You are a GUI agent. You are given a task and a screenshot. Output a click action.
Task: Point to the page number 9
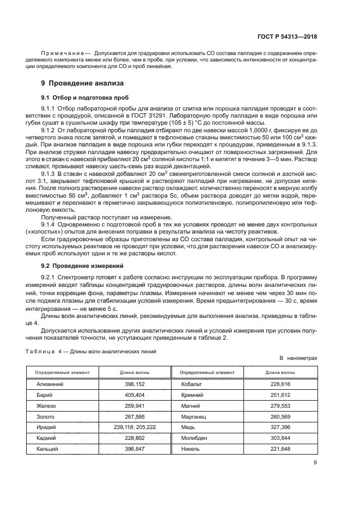pos(315,463)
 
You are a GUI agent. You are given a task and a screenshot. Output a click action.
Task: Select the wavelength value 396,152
pos(135,383)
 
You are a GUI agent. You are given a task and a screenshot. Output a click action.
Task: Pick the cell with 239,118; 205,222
pos(135,427)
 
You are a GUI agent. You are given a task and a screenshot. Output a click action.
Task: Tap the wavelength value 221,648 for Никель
pos(280,449)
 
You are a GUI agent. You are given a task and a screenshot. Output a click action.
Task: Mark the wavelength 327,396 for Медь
pos(280,427)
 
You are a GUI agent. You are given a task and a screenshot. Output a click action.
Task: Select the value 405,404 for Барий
pos(135,394)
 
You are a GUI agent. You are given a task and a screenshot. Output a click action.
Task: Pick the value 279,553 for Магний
pos(280,405)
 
